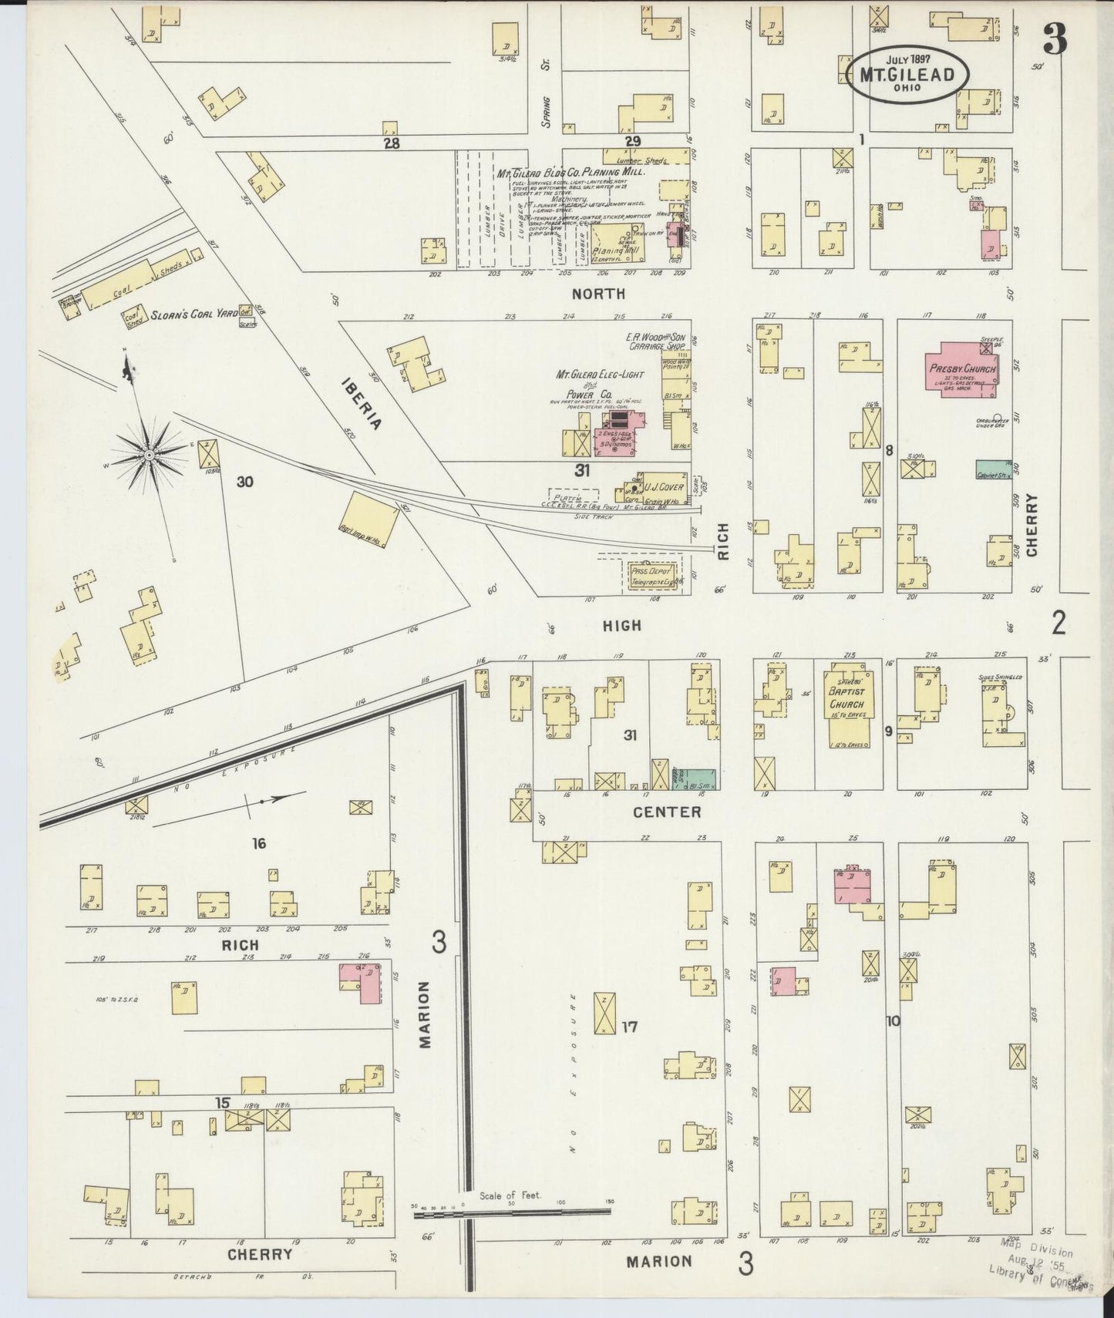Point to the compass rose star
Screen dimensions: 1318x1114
tap(147, 456)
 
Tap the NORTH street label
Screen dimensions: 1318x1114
tap(598, 294)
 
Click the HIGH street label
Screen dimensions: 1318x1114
tap(622, 625)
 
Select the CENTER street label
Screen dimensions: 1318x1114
tap(667, 812)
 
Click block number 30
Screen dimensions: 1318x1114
tap(245, 482)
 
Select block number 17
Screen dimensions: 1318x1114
tap(631, 1026)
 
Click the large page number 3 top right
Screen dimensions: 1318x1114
tap(1055, 39)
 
